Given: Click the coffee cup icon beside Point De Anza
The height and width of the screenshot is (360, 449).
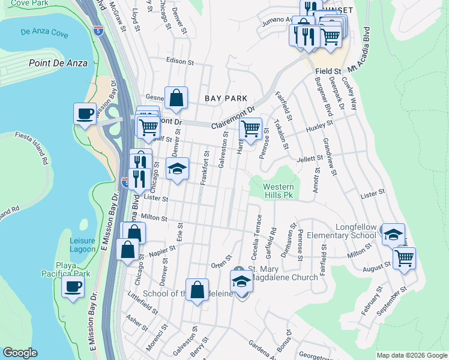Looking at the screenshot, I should tap(85, 113).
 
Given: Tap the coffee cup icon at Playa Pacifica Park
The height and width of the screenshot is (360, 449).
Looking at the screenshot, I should tap(73, 286).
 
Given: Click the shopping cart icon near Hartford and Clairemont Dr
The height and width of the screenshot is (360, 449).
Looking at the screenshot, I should tap(250, 128).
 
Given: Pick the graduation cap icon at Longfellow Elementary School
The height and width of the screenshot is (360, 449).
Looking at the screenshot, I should tap(393, 234).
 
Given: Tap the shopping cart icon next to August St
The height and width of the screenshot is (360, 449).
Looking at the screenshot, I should tap(405, 259).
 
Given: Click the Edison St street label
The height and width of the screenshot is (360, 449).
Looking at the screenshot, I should tap(180, 62).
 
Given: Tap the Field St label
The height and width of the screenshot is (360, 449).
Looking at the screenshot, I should tap(328, 71).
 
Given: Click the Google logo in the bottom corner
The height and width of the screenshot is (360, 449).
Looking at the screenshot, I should tap(20, 353).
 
